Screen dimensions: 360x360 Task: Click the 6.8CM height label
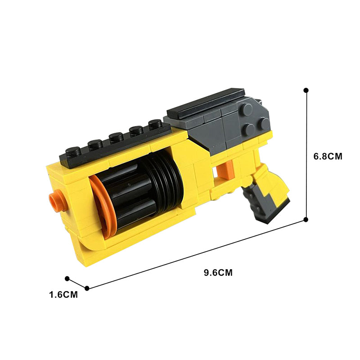coord(328,156)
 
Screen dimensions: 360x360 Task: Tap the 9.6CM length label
coord(218,273)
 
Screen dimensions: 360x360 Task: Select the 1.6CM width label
coord(63,295)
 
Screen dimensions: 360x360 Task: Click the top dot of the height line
coord(306,90)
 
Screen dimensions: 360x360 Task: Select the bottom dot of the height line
coord(306,220)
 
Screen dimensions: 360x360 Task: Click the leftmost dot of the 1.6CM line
coord(67,279)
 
